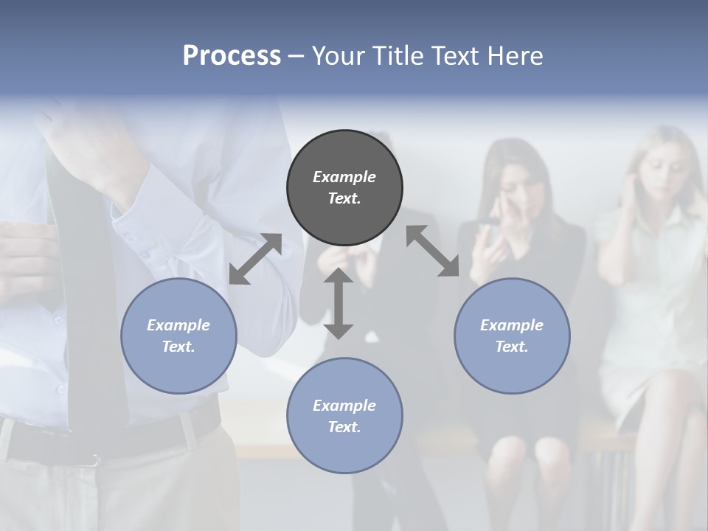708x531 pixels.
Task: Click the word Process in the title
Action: [232, 56]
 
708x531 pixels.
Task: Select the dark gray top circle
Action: [344, 187]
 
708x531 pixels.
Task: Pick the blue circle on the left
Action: [178, 336]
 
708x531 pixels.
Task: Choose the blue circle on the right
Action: [512, 336]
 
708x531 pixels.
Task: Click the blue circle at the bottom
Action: [344, 416]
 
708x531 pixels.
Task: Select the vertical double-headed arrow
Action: [339, 303]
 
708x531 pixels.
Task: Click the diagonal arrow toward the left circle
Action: [255, 259]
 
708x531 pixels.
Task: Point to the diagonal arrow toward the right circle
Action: [432, 251]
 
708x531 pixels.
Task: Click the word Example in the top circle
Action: [344, 177]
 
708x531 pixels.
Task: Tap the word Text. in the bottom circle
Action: [344, 427]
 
